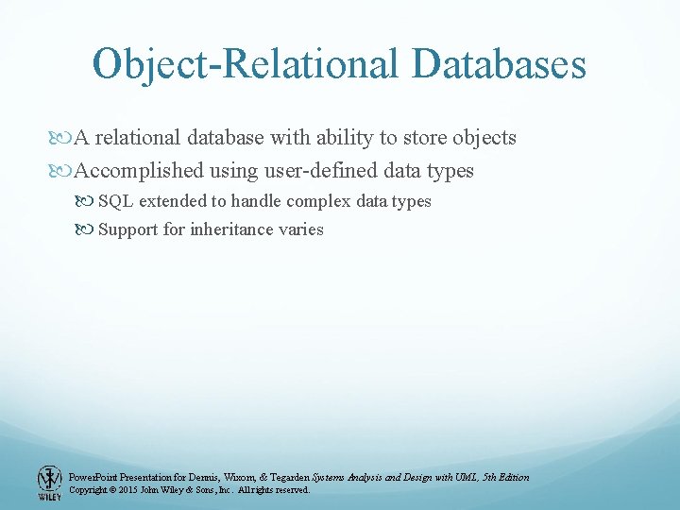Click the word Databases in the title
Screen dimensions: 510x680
coord(499,64)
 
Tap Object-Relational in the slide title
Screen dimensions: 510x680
coord(246,64)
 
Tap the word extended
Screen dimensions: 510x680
coord(172,201)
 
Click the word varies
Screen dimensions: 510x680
coord(302,229)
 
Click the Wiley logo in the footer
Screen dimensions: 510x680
coord(49,483)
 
